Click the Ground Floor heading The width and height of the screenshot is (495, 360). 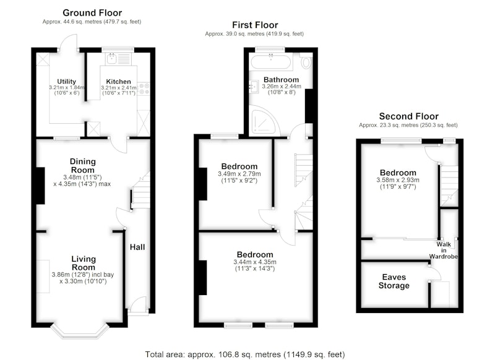click(x=92, y=13)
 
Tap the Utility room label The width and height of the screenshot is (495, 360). click(x=66, y=82)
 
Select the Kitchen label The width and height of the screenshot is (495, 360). click(x=118, y=82)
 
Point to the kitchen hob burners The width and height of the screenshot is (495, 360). click(x=144, y=88)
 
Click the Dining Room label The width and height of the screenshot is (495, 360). click(x=83, y=166)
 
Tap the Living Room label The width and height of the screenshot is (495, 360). click(x=84, y=263)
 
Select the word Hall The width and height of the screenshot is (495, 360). click(x=137, y=247)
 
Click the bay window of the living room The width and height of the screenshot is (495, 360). click(x=80, y=332)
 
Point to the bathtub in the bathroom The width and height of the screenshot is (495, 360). click(x=270, y=62)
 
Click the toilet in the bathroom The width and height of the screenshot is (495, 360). click(x=305, y=61)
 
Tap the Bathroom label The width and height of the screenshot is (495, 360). click(x=282, y=80)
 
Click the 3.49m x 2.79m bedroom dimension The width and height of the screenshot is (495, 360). click(x=239, y=174)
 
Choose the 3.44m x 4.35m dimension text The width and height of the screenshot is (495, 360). click(x=255, y=262)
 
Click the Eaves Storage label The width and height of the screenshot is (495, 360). click(x=394, y=281)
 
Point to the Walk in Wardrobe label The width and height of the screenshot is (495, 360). click(x=444, y=250)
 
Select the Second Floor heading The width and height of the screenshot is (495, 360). click(x=409, y=116)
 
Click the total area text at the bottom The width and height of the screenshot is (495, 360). click(x=245, y=354)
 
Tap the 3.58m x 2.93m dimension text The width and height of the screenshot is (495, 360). click(x=398, y=180)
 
